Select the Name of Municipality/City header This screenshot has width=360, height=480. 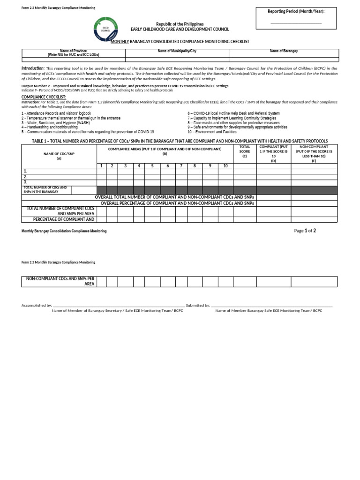tap(177, 51)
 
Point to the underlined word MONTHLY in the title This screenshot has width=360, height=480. tap(120, 42)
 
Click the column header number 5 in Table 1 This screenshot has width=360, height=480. tap(152, 166)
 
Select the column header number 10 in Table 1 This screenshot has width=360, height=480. tap(225, 166)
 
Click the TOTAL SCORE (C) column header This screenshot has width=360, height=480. tap(245, 151)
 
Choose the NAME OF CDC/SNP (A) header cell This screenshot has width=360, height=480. tap(59, 156)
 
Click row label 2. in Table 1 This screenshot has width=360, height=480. tap(26, 177)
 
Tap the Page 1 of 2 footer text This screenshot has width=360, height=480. tap(305, 231)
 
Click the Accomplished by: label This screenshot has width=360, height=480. tap(37, 305)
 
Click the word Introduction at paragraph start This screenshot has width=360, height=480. tap(32, 68)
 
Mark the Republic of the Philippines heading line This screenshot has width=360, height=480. tap(180, 24)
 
